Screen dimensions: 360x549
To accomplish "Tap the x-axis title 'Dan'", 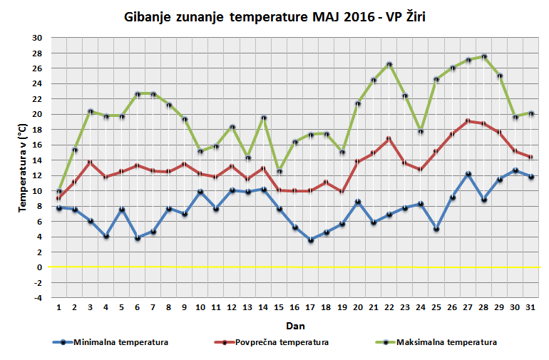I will pos(295,325).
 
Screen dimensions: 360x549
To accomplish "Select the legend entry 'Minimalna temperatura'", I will pos(111,342).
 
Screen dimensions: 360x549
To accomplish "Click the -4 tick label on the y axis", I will pos(37,298).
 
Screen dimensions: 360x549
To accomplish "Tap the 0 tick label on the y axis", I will pos(40,267).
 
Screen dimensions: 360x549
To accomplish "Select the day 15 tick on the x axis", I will pos(279,307).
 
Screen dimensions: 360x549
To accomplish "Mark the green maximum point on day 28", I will pos(484,57).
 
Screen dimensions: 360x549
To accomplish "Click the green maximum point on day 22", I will pos(389,65).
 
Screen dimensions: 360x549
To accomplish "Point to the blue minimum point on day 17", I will pos(311,240).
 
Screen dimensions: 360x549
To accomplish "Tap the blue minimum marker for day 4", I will pos(106,236).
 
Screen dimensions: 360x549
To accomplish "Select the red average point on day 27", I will pos(468,121).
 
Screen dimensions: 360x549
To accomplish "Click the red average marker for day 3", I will pos(91,163).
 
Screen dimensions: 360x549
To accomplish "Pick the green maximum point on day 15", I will pos(279,171).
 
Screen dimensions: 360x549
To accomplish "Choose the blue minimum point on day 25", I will pos(436,229).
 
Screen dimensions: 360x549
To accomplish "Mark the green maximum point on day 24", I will pos(421,132).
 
